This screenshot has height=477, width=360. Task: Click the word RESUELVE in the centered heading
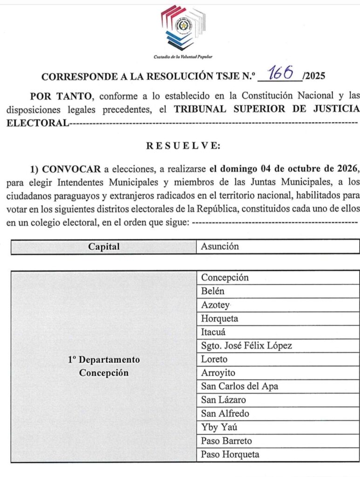pos(183,145)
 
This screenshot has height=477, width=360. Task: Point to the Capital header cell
pos(104,247)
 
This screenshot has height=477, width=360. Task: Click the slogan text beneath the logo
pos(183,57)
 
